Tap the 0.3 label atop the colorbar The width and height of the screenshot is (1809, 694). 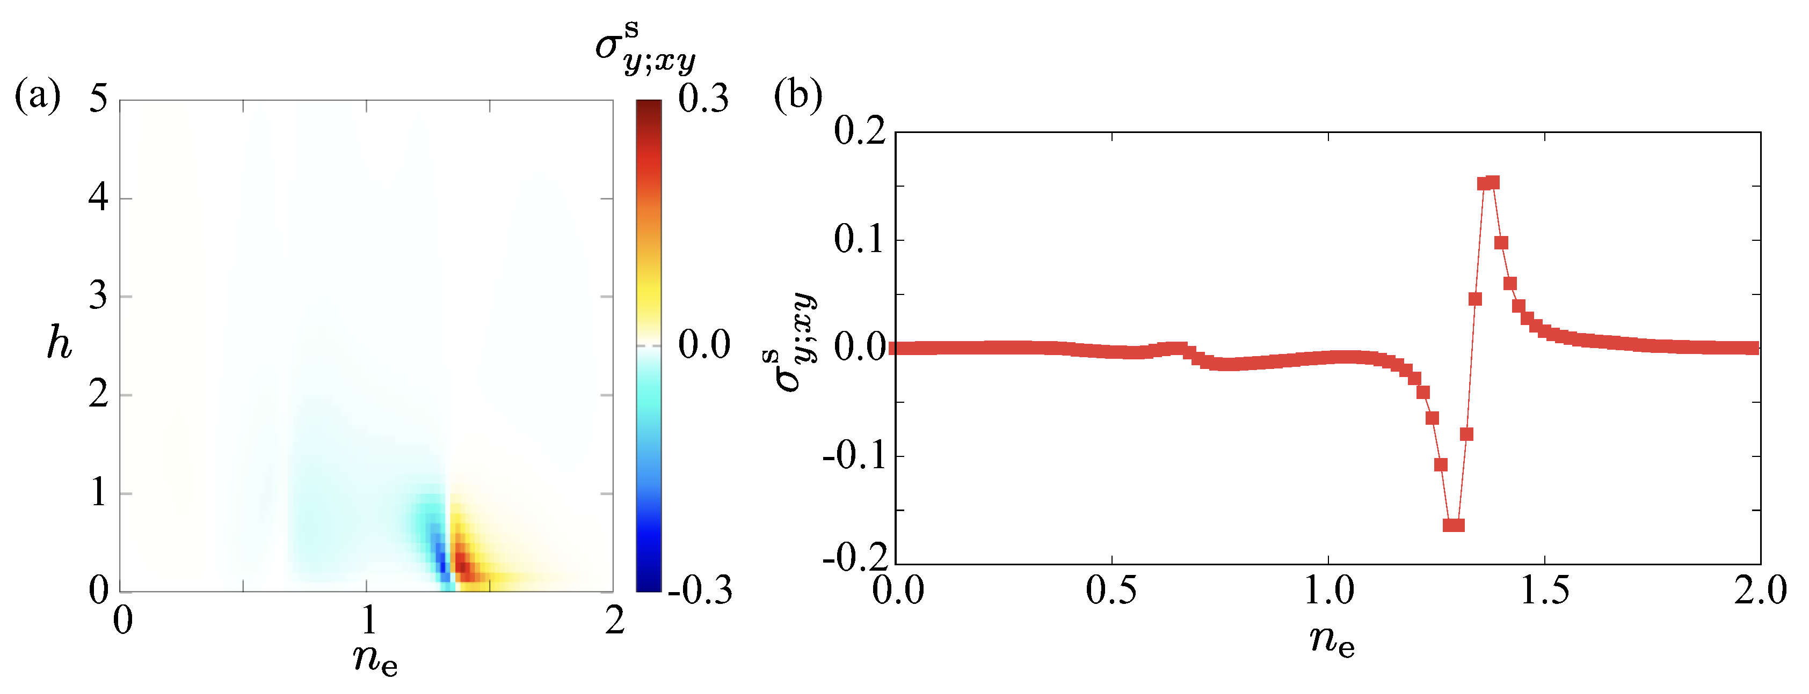(703, 98)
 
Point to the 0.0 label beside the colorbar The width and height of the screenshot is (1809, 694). (703, 344)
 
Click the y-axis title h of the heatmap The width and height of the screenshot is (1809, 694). (59, 344)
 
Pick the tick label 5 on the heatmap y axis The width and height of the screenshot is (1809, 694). (98, 98)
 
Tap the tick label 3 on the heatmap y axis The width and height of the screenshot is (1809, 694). (98, 296)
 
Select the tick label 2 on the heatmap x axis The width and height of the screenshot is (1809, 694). (614, 621)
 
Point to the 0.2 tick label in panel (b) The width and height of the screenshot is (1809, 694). (860, 131)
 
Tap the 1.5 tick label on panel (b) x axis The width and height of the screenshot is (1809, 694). (1544, 591)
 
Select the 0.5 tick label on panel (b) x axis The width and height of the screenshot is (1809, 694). (1111, 591)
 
